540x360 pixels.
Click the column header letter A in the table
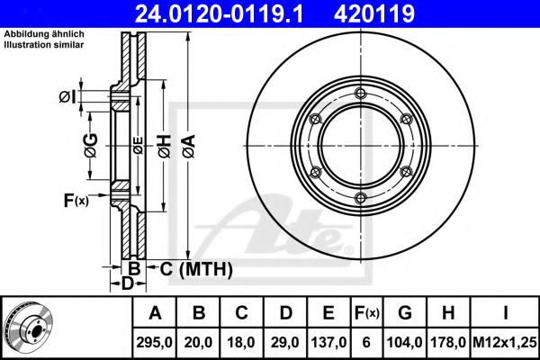(154, 313)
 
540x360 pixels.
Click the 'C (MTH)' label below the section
(190, 268)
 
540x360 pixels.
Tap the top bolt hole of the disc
(360, 94)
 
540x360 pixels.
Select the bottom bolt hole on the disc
(360, 198)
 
